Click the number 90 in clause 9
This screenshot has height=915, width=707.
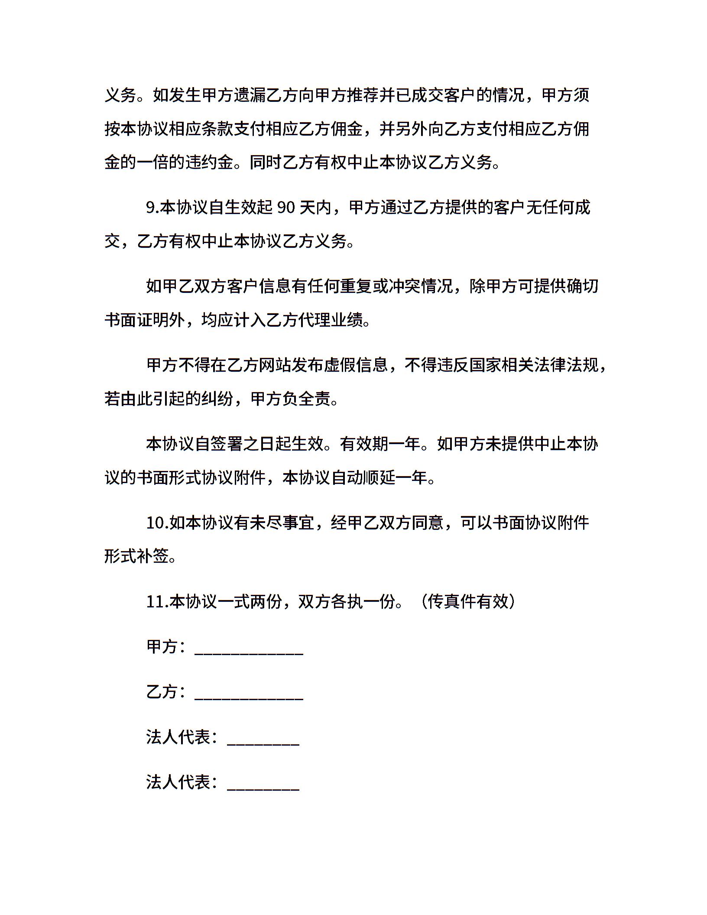pos(286,208)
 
